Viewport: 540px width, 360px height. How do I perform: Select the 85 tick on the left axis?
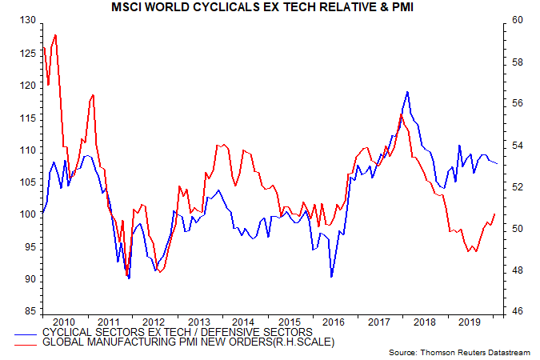coord(29,311)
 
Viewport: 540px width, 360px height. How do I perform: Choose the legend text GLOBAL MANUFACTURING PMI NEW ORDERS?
coord(187,342)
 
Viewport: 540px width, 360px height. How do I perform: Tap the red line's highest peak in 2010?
coord(54,34)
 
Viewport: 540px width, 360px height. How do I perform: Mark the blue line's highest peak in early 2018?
coord(408,92)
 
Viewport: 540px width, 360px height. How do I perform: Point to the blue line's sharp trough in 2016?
coord(331,277)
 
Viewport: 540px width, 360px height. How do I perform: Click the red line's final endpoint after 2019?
coord(495,214)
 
